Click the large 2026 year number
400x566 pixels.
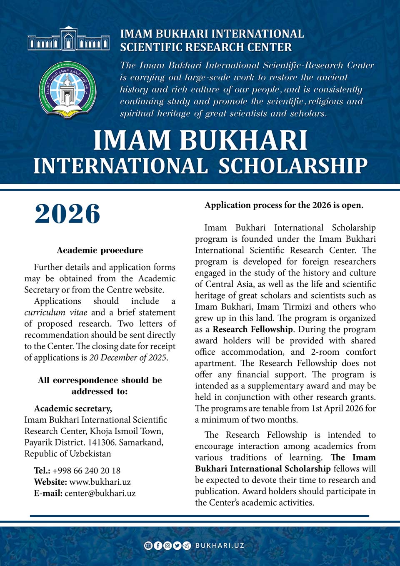[x=67, y=214]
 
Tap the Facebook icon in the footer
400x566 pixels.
[x=158, y=545]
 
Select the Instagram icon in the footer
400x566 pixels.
[x=167, y=545]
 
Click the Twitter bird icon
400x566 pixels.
[x=177, y=545]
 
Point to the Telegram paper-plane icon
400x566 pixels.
[x=187, y=545]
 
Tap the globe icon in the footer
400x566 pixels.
[x=148, y=545]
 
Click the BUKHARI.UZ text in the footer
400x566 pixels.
[x=220, y=545]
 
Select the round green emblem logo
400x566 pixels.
[x=67, y=90]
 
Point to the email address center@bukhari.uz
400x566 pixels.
[x=100, y=493]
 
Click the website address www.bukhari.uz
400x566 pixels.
[x=100, y=482]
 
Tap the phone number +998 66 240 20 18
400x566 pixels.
[x=86, y=471]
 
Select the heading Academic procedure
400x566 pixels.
[x=100, y=250]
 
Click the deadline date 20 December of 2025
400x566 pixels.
[x=128, y=358]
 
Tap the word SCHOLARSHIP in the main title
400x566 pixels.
[x=293, y=166]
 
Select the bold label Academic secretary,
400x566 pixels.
[x=73, y=408]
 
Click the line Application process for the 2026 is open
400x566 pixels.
[x=284, y=205]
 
